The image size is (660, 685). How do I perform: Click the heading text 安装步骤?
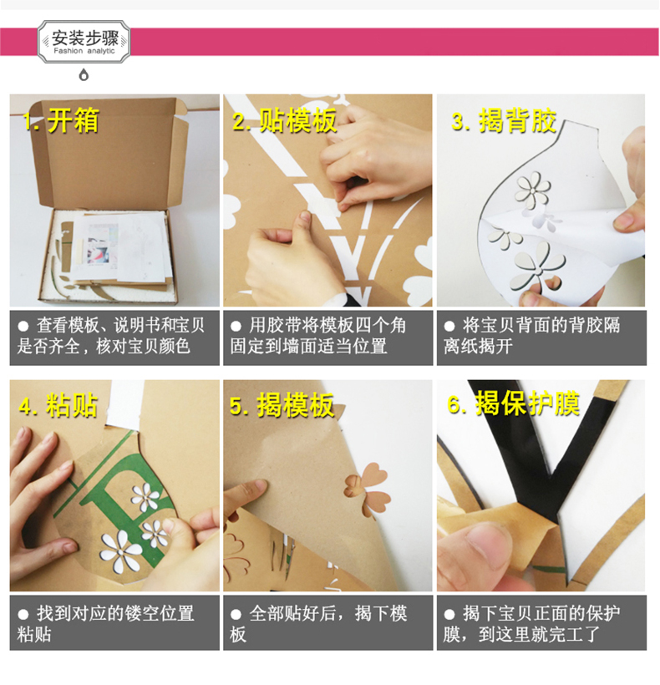(x=84, y=38)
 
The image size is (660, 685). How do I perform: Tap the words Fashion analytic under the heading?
(x=84, y=51)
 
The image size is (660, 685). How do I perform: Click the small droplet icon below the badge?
(x=84, y=75)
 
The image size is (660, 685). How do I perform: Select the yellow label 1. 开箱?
(x=61, y=120)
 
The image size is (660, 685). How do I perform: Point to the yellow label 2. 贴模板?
(x=284, y=120)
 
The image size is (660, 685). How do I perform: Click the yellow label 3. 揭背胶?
(x=504, y=120)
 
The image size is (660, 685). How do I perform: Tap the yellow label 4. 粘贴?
(x=58, y=406)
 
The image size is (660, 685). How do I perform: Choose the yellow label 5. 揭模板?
(x=282, y=406)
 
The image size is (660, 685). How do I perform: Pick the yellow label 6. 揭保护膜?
(x=514, y=403)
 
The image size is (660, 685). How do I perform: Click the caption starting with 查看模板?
(x=111, y=336)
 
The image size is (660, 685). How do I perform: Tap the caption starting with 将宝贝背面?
(x=531, y=336)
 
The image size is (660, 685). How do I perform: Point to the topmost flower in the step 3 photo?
(x=532, y=190)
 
